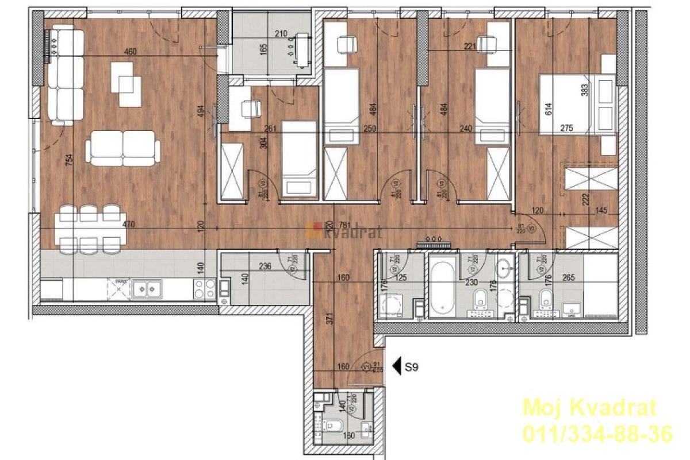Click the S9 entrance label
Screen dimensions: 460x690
tap(411, 366)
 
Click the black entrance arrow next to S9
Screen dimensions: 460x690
tap(396, 366)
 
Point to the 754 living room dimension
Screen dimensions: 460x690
tap(70, 161)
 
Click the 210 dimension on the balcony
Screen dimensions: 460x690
tap(281, 34)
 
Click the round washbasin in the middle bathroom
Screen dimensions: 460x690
tap(505, 266)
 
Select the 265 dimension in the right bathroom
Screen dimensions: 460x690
tap(570, 277)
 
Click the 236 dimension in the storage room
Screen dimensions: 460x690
tap(265, 266)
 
